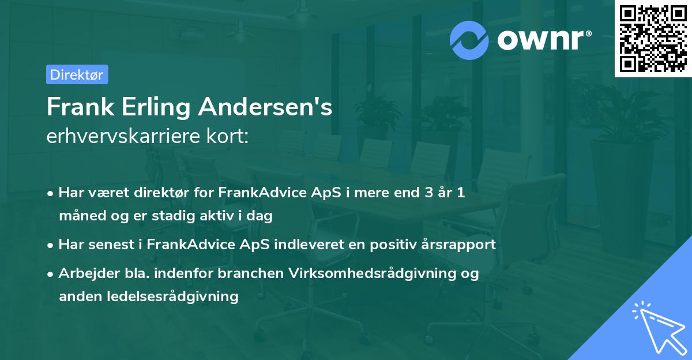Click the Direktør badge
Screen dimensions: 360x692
point(77,74)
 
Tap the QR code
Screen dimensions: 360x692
point(653,39)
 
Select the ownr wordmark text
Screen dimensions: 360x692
point(543,40)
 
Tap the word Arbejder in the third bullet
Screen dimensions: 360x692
point(84,273)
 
